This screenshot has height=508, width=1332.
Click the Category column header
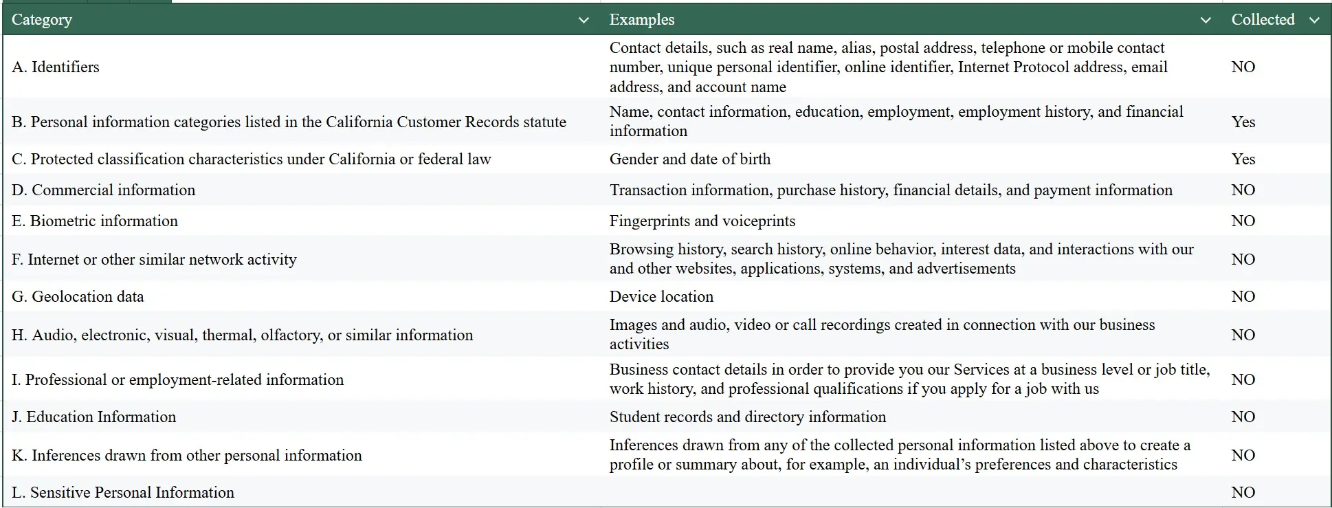coord(42,20)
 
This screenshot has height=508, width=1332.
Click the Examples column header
coord(642,20)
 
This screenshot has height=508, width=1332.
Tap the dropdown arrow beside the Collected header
coord(1314,21)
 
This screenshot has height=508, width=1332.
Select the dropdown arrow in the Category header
coord(584,21)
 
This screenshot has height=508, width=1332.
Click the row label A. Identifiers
coord(56,67)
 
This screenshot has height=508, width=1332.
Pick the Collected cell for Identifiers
coord(1243,67)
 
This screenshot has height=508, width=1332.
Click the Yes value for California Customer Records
coord(1243,122)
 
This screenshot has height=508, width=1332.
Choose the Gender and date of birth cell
coord(690,159)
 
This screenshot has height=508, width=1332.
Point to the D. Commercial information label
coord(104,190)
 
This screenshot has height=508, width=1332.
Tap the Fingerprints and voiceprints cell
coord(702,221)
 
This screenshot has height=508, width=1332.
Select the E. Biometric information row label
coord(95,221)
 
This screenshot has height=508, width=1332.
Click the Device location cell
coord(661,296)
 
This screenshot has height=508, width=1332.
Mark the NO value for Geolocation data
coord(1243,296)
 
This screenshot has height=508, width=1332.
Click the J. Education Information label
coord(94,417)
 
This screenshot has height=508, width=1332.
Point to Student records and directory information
coord(748,417)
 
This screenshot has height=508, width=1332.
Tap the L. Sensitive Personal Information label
coord(123,492)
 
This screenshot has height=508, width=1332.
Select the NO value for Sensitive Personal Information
coord(1243,492)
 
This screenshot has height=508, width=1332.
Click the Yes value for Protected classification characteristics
coord(1243,159)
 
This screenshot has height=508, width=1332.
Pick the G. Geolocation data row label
coord(78,296)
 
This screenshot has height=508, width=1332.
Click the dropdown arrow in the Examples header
coord(1205,21)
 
